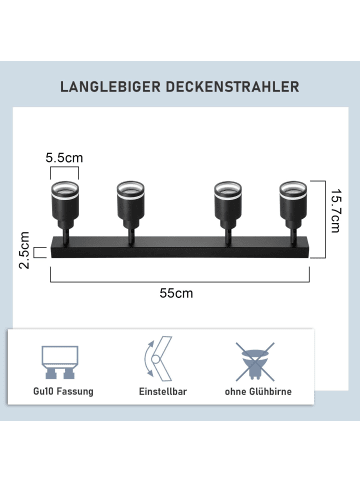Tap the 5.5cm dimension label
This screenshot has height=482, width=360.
click(x=63, y=158)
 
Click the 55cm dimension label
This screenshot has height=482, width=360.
click(x=176, y=293)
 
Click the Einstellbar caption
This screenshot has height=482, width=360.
click(x=162, y=392)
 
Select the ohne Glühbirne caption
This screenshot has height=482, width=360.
click(x=258, y=392)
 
